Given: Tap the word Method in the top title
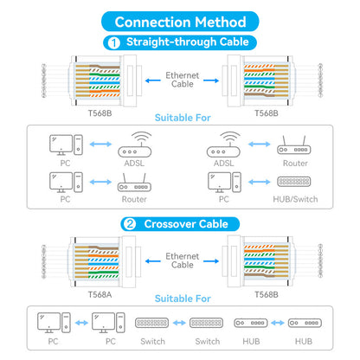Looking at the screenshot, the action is (x=221, y=22).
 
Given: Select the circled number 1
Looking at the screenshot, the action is (x=114, y=42).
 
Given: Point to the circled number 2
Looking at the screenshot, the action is (x=130, y=224).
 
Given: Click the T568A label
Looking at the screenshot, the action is (x=100, y=294).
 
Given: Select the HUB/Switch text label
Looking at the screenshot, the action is (x=295, y=199).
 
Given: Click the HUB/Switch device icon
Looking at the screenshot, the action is (x=294, y=182).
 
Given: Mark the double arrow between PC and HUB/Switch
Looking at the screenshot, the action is (x=260, y=182).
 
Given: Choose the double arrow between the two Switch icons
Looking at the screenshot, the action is (x=179, y=323).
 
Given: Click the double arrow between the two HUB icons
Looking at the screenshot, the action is (x=278, y=323).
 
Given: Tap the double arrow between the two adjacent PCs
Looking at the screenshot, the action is (x=81, y=323).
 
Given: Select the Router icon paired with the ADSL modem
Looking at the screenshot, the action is (x=294, y=145).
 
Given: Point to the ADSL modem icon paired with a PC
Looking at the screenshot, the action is (x=134, y=145).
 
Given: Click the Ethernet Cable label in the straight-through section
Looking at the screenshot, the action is (x=183, y=80).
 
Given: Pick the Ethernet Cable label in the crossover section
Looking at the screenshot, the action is (x=183, y=260).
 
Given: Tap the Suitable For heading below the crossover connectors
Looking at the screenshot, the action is (x=183, y=299).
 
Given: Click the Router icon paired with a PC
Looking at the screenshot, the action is (x=134, y=183).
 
